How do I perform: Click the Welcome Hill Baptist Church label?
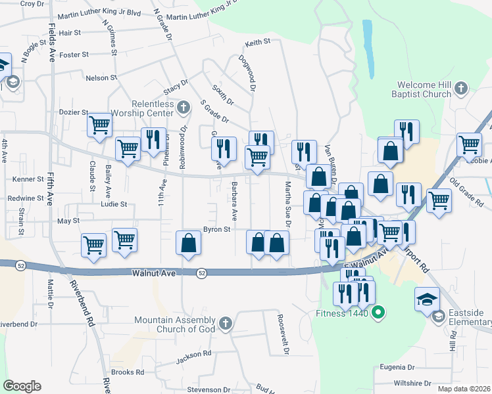[425, 90]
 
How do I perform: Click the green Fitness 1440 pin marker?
[378, 313]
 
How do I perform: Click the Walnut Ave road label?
[154, 273]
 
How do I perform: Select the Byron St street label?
[216, 230]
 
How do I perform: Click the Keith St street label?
[258, 43]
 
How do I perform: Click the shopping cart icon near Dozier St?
[99, 123]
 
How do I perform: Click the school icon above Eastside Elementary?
[427, 299]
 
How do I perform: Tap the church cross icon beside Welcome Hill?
[461, 87]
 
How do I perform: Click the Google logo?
[22, 386]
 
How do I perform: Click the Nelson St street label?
[101, 77]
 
